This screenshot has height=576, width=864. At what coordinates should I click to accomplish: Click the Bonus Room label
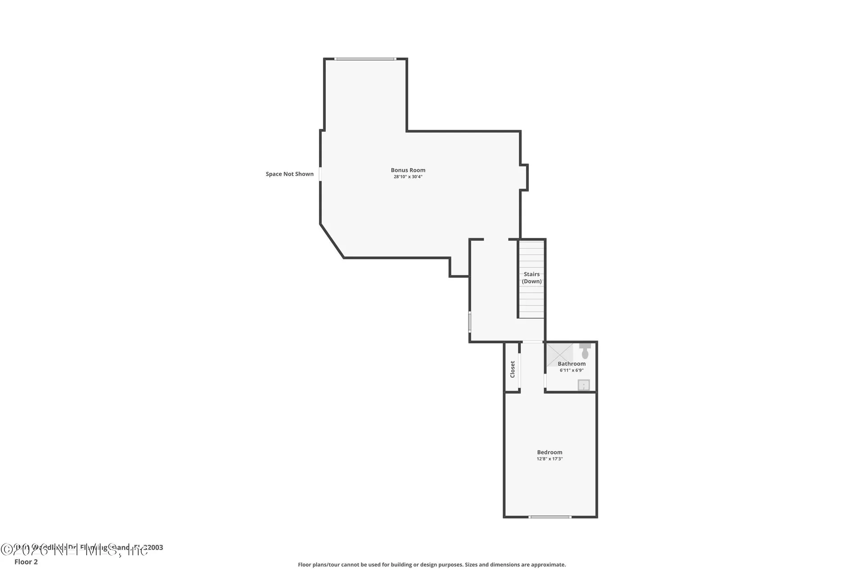click(408, 170)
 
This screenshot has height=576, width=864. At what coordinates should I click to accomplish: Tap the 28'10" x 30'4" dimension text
click(408, 177)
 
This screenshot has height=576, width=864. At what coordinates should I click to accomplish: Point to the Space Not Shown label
click(289, 174)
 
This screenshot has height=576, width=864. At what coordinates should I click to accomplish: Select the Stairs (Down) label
click(531, 278)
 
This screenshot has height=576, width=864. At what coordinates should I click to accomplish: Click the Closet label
click(512, 369)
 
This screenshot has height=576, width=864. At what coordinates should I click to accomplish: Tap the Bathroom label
click(571, 364)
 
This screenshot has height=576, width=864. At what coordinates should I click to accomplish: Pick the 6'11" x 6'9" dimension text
click(571, 370)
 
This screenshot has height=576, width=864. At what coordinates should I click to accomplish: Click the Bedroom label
click(549, 452)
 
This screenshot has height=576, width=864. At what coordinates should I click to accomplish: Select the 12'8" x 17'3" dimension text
click(549, 459)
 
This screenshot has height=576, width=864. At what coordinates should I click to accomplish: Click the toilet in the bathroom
click(585, 351)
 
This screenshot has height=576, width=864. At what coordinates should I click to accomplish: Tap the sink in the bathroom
click(584, 385)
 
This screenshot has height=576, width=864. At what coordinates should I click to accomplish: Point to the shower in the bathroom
click(559, 354)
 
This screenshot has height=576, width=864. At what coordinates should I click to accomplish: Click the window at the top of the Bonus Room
click(365, 59)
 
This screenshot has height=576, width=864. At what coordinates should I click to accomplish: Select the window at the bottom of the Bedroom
click(550, 517)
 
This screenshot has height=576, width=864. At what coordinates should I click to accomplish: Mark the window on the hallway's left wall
click(470, 322)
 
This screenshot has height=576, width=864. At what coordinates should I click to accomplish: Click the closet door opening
click(520, 371)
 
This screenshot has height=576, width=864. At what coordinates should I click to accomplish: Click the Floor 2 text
click(26, 562)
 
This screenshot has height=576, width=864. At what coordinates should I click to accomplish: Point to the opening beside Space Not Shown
click(320, 174)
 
